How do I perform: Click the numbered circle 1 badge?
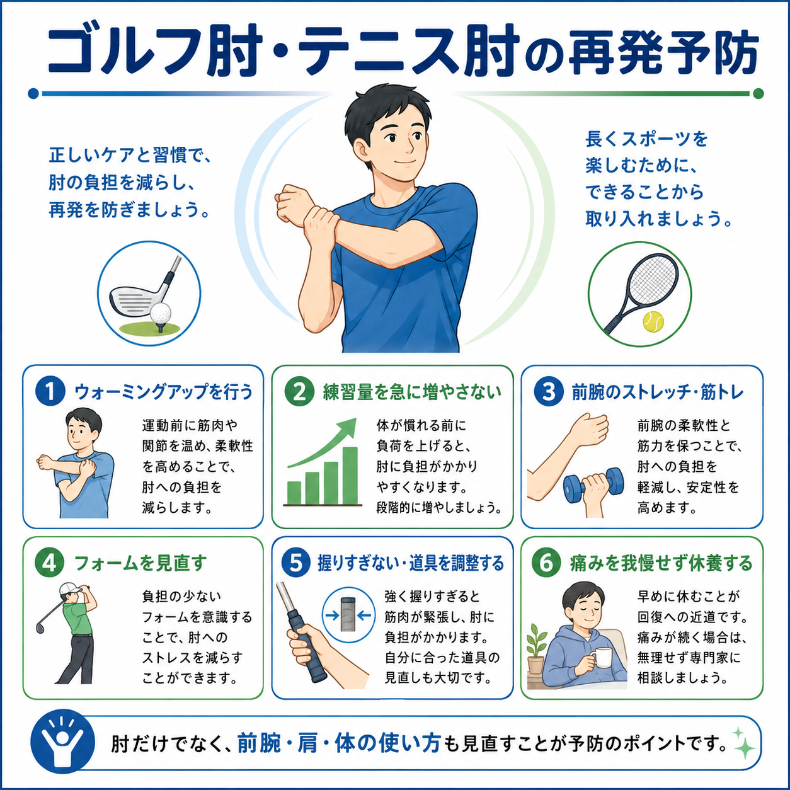point(50,391)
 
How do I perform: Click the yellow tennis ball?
point(653,321)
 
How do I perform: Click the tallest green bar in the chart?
point(350,476)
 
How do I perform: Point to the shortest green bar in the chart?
point(294,493)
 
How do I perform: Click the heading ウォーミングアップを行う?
point(164,392)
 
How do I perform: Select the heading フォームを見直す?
point(140,563)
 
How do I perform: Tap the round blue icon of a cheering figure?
point(62,741)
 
